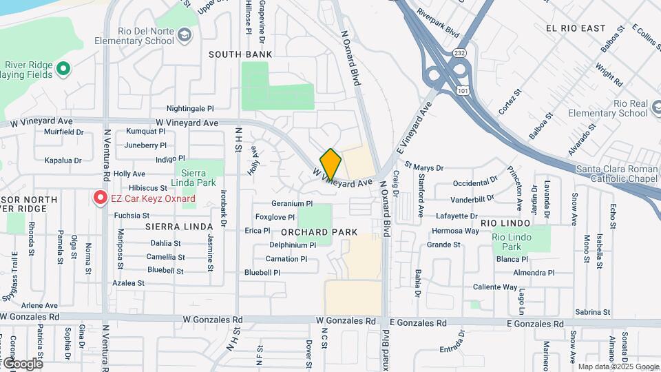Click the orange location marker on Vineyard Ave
[x=330, y=164]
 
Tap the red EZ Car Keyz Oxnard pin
[x=100, y=198]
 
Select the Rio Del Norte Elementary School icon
[x=184, y=34]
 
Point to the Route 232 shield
[x=459, y=52]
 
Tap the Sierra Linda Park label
[x=198, y=178]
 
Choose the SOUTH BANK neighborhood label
[x=240, y=54]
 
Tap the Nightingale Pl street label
[x=190, y=109]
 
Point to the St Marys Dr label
[x=424, y=167]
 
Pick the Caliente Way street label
[x=495, y=287]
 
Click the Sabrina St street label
[x=588, y=312]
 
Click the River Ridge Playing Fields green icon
[x=63, y=68]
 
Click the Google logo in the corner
[x=22, y=363]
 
